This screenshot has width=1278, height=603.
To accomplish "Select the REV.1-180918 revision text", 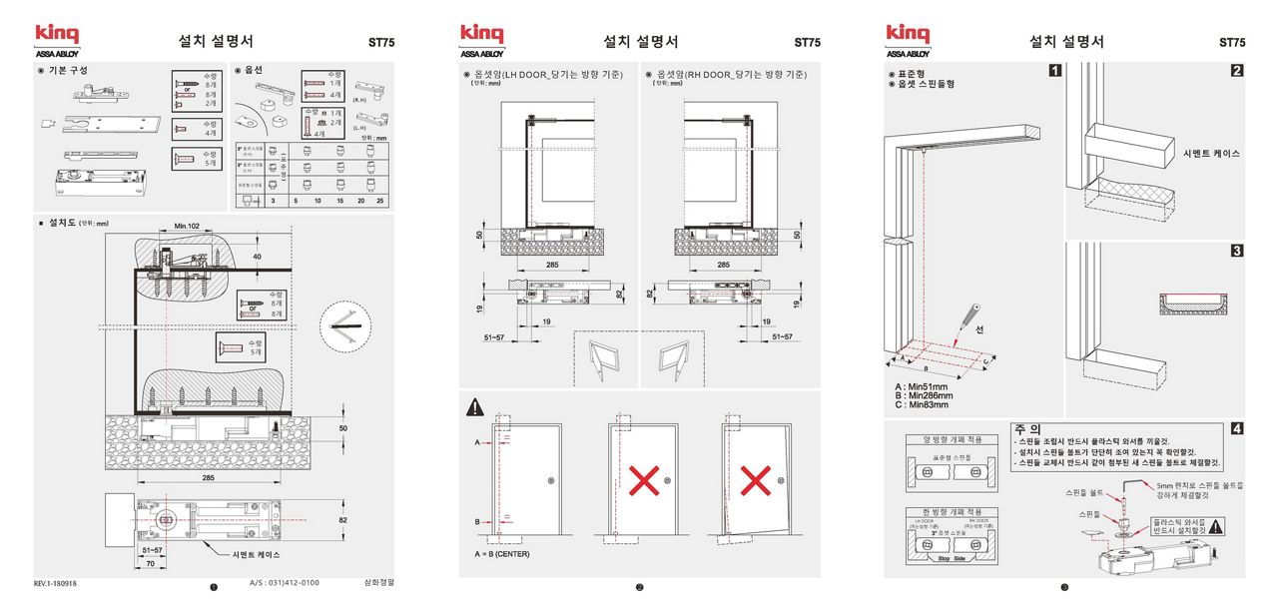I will coord(55,583).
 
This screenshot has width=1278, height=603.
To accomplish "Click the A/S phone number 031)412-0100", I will coord(285,582).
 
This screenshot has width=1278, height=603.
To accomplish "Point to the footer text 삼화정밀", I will coord(380,582).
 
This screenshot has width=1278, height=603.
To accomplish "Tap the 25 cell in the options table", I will coord(379,201).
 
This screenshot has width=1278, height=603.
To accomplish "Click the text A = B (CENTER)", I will coord(502,553).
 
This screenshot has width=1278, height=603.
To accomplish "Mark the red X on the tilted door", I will coord(758,482).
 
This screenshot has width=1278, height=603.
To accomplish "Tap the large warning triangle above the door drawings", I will coord(476,407).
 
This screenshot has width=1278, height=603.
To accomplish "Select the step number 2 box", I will coord(1237,71).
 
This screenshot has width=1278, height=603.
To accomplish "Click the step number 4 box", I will coord(1237,429).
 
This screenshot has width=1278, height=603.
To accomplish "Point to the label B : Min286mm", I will coord(924,395).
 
